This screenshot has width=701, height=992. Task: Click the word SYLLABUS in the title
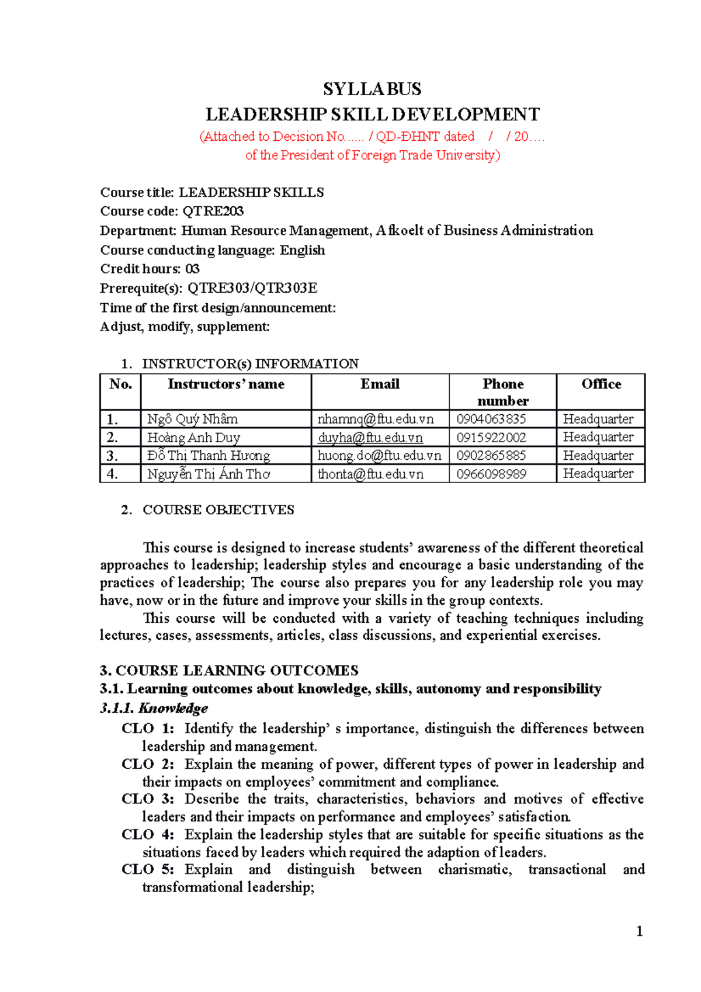click(x=372, y=89)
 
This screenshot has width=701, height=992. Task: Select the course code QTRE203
click(x=213, y=211)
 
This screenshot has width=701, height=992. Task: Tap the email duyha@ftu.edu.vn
click(x=370, y=438)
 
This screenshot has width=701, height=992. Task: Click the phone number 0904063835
click(x=491, y=419)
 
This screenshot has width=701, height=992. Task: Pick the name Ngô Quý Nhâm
click(x=192, y=419)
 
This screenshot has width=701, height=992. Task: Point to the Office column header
click(x=601, y=384)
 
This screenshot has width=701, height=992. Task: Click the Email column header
click(x=380, y=384)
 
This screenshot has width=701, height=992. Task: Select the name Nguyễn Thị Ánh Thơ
click(x=209, y=474)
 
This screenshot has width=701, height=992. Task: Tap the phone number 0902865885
click(x=491, y=455)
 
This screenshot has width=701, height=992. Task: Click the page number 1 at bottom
click(x=639, y=931)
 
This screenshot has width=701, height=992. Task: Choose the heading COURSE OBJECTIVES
click(x=218, y=509)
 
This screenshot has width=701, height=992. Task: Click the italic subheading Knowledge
click(x=173, y=708)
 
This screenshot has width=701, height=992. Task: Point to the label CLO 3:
click(x=148, y=799)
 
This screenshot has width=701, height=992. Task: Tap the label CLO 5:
click(x=148, y=869)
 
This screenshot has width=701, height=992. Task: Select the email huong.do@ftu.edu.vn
click(x=379, y=455)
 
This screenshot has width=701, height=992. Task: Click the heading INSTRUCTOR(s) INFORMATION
click(x=250, y=363)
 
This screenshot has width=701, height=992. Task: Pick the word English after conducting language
click(x=302, y=250)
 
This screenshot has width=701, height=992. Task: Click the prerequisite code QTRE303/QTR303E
click(x=252, y=288)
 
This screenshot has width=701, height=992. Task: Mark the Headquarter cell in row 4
click(x=598, y=474)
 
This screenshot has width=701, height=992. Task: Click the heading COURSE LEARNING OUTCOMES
click(x=237, y=670)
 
